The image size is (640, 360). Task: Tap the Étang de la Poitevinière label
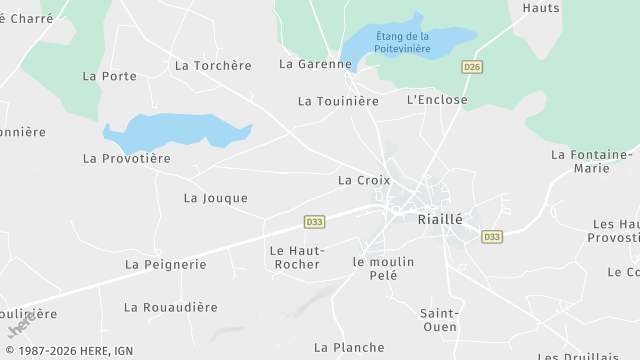(402, 43)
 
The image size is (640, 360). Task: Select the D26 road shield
(472, 67)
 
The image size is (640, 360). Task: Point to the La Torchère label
(213, 65)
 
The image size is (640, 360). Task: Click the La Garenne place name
(316, 64)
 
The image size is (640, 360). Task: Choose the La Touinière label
(339, 101)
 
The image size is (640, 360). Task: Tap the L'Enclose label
(437, 100)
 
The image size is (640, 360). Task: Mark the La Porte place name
(110, 76)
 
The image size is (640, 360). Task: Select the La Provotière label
(127, 158)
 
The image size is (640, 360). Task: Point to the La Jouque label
(216, 198)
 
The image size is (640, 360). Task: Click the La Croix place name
(364, 180)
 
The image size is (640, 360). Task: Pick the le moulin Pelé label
(383, 268)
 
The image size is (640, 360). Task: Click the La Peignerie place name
(165, 264)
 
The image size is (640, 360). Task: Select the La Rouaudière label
(170, 307)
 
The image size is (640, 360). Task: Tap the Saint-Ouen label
(439, 319)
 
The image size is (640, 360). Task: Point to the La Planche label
(349, 347)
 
